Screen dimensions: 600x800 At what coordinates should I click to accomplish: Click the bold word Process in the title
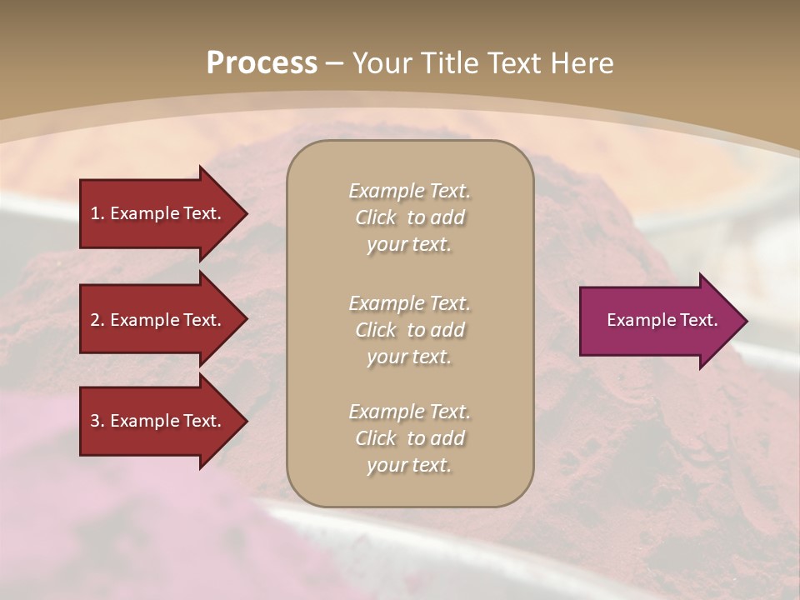click(262, 63)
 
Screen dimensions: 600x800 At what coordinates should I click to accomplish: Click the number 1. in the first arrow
click(97, 213)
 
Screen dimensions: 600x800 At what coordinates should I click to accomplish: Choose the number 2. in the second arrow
click(97, 320)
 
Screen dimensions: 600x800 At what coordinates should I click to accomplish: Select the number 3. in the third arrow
click(97, 421)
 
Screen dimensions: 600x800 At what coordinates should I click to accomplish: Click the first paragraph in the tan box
click(409, 217)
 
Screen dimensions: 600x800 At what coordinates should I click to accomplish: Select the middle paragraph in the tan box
click(409, 330)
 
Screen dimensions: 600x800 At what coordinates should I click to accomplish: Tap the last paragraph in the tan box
click(409, 438)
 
